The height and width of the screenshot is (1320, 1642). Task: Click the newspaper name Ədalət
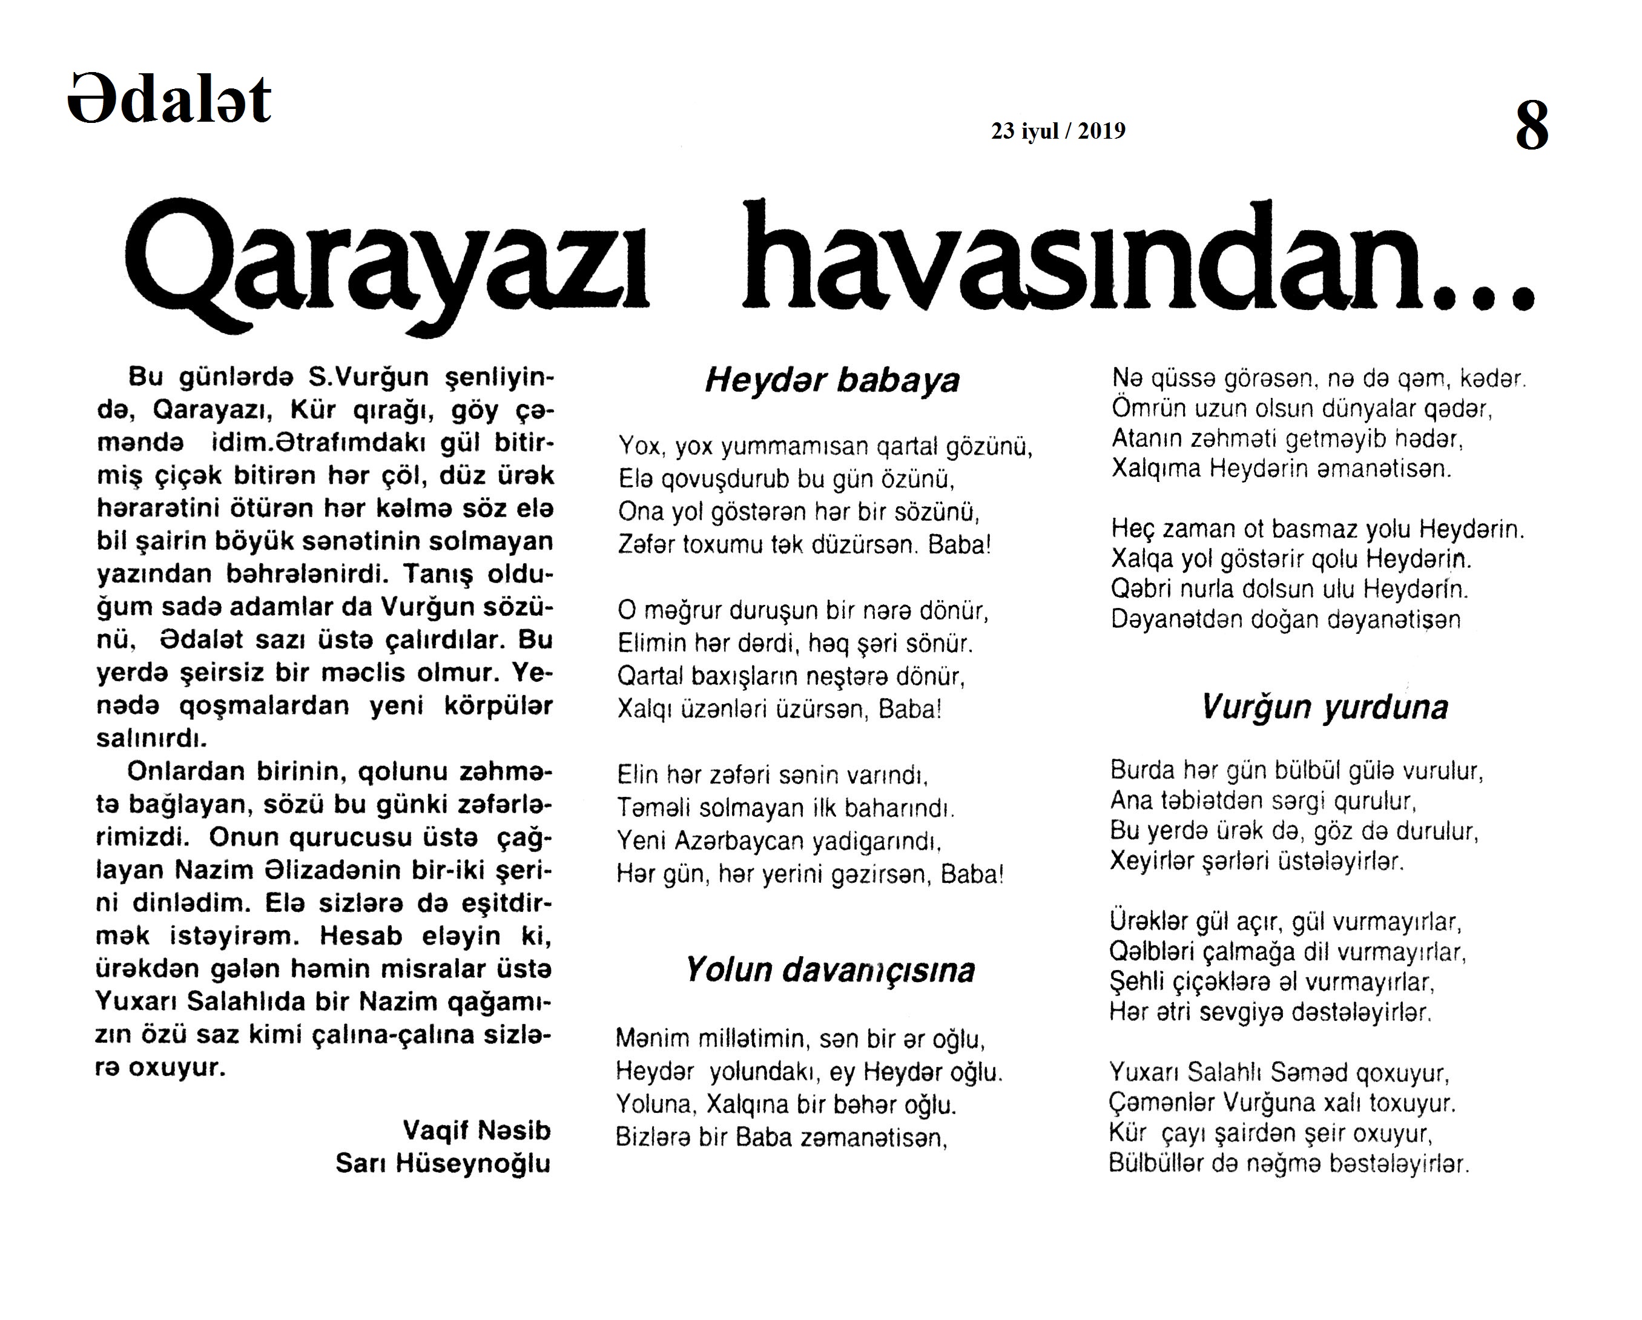[x=169, y=100]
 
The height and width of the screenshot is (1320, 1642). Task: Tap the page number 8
[x=1532, y=127]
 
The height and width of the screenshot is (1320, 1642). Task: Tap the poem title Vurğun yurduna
[x=1324, y=707]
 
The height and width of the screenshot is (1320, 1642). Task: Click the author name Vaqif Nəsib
[x=476, y=1130]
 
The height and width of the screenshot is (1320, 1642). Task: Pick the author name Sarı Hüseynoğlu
[x=443, y=1163]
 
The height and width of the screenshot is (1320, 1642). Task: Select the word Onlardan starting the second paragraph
[x=186, y=771]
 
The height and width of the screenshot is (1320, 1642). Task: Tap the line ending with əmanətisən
[x=1281, y=467]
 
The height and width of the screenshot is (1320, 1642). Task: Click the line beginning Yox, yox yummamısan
[x=825, y=446]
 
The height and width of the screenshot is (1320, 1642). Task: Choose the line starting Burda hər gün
[x=1296, y=771]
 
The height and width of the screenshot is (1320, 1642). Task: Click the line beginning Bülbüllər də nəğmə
[x=1288, y=1164]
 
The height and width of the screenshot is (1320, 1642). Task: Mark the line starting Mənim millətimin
[x=800, y=1039]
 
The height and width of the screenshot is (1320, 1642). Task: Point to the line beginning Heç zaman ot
[x=1317, y=529]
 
